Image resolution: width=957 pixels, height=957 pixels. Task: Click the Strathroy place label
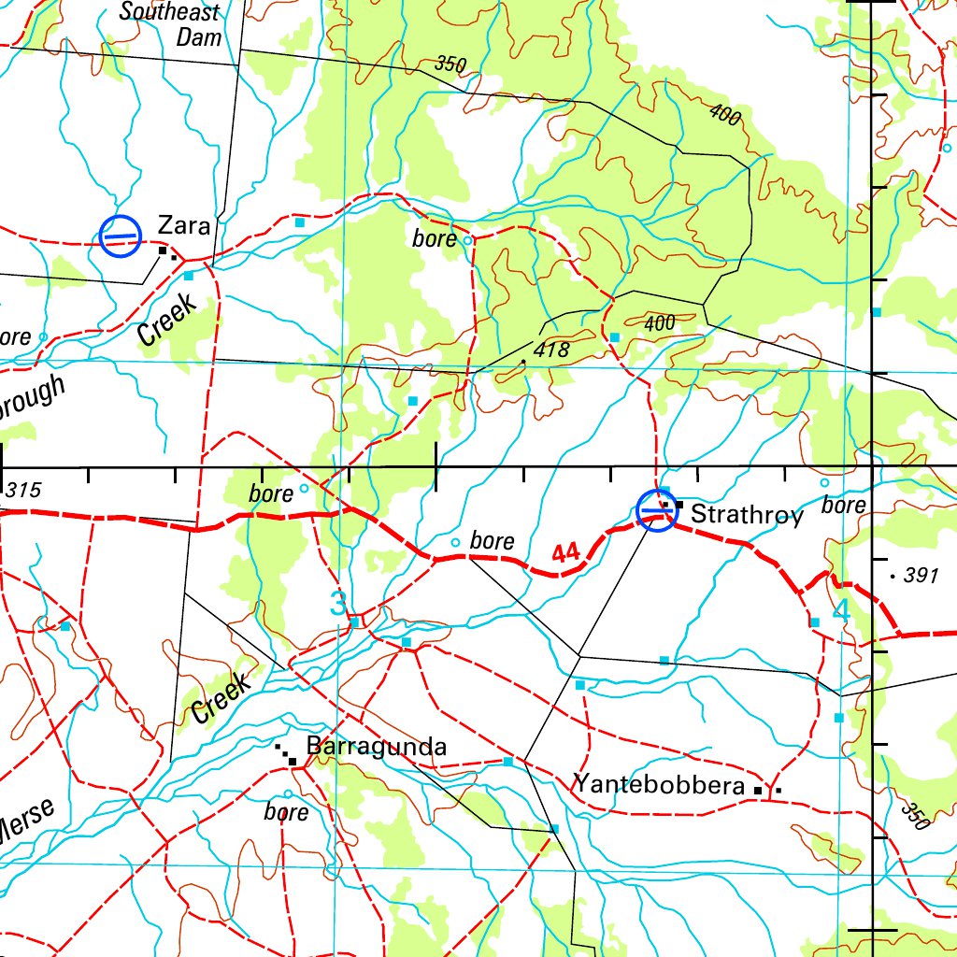tap(747, 515)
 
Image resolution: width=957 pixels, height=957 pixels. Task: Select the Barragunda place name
tap(377, 747)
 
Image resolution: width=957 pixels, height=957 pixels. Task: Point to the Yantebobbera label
tap(659, 784)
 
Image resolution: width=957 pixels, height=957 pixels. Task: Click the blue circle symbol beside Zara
tap(121, 236)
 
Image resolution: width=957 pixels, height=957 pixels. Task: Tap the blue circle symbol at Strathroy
tap(656, 509)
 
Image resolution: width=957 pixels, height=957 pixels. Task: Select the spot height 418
tap(552, 350)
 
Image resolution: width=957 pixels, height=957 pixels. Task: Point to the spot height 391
tap(920, 576)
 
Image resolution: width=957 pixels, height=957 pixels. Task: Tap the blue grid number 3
tap(337, 605)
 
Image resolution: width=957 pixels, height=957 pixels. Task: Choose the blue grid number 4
tap(840, 611)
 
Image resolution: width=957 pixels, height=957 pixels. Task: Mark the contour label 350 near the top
tap(450, 64)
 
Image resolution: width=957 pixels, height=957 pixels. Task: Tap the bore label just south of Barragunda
tap(286, 812)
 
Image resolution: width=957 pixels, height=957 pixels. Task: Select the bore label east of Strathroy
tap(844, 505)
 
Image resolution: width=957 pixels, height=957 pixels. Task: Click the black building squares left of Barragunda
tap(286, 753)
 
